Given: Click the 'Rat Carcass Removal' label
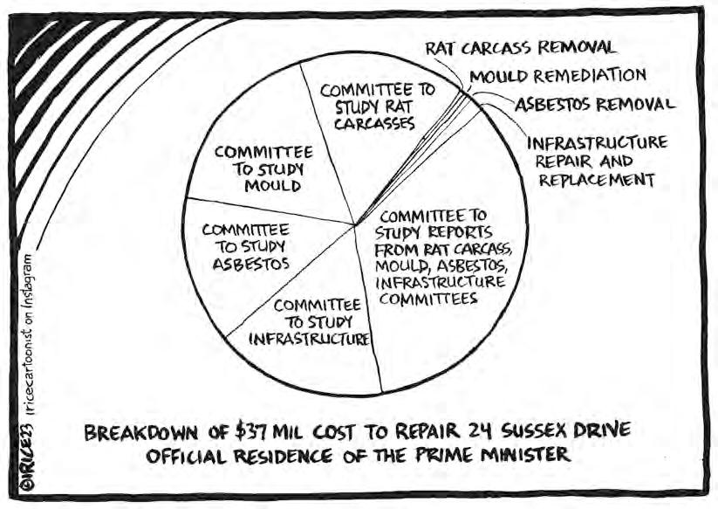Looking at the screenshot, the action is click(521, 46).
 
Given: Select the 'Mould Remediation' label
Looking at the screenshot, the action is click(557, 76).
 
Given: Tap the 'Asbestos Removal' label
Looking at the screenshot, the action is click(594, 105).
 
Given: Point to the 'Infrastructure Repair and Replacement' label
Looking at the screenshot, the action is click(597, 161).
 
